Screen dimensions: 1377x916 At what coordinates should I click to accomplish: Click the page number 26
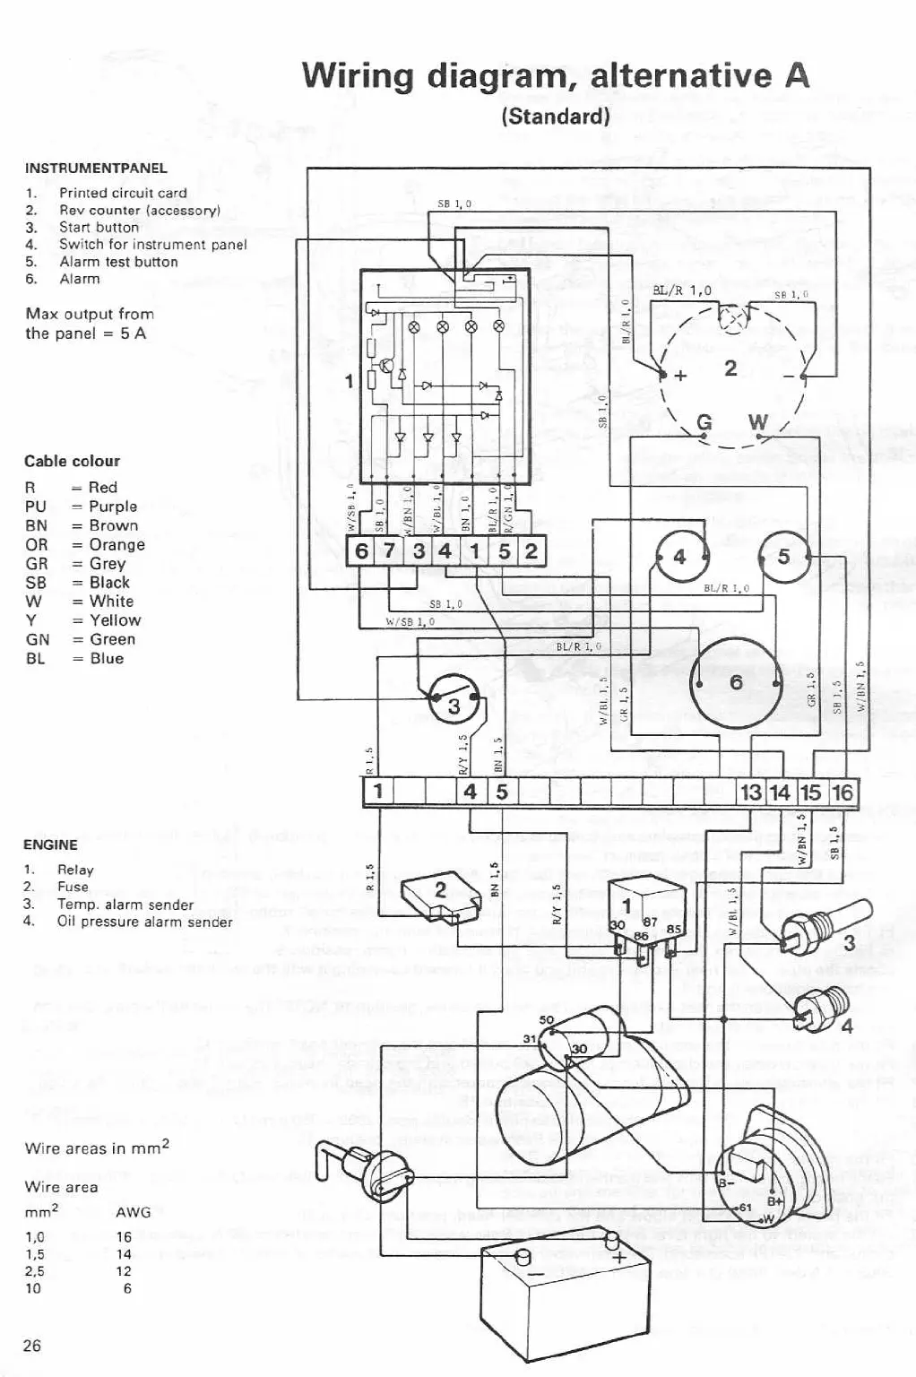tap(32, 1345)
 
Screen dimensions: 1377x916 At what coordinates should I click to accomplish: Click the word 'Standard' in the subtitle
tap(556, 117)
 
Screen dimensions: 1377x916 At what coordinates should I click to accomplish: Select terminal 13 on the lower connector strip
tap(750, 792)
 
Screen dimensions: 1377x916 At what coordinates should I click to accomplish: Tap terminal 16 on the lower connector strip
tap(843, 792)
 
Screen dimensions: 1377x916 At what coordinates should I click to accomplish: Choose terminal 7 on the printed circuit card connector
tap(389, 550)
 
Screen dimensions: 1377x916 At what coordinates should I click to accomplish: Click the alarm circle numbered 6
tap(736, 683)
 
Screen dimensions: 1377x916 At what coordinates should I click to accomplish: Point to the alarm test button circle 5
tap(784, 557)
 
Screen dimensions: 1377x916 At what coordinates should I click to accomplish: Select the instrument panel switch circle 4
tap(680, 557)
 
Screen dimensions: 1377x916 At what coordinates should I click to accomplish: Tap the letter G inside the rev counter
tap(704, 422)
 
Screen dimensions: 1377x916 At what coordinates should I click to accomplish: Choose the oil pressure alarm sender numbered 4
tap(821, 1009)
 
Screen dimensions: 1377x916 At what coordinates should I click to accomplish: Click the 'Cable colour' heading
tap(72, 461)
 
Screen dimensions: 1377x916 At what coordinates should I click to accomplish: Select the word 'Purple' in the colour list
tap(113, 507)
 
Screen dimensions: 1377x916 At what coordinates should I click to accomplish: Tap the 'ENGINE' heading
tap(50, 844)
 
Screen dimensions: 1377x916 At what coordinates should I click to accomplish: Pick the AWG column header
tap(134, 1212)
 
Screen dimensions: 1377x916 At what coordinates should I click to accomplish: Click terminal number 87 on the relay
tap(650, 922)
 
